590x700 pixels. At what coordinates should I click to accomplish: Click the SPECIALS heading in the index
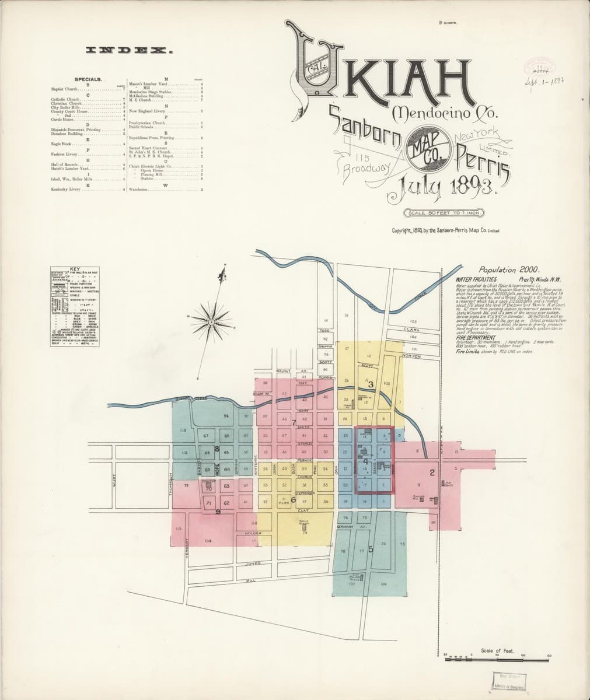tap(89, 78)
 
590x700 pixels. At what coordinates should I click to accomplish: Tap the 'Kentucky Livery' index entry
tap(65, 190)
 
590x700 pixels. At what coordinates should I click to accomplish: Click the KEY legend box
tap(74, 306)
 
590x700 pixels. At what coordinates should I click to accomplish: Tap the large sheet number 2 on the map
tap(432, 473)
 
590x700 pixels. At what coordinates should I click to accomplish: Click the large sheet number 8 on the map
tap(217, 449)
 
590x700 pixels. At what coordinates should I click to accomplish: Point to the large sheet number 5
tap(371, 548)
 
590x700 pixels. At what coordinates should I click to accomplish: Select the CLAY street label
tap(302, 510)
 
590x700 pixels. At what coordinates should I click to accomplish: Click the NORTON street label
tap(411, 356)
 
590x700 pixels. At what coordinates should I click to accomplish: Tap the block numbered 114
tap(208, 541)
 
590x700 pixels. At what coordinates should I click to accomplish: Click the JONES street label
tap(252, 564)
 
